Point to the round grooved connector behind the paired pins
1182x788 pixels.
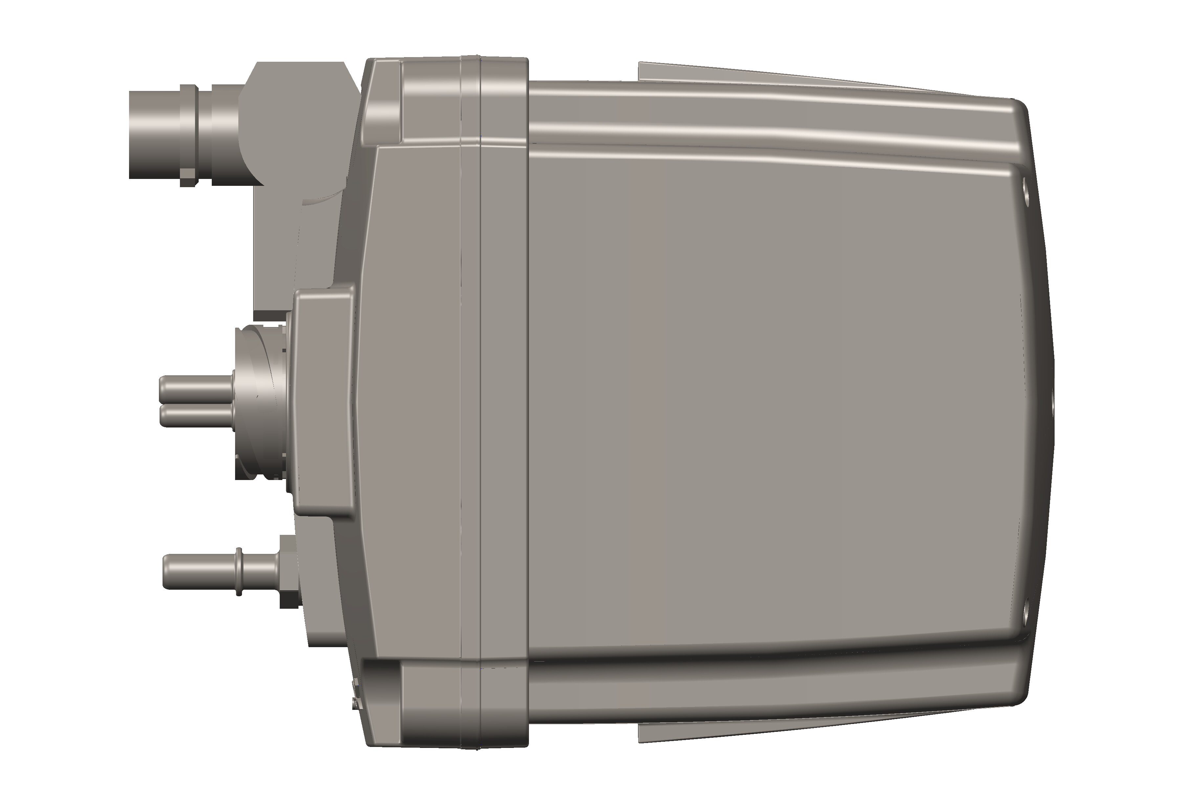(261, 402)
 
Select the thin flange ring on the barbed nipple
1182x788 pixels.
(239, 572)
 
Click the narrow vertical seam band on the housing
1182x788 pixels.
(471, 402)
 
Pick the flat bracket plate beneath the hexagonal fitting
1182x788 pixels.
(276, 251)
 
